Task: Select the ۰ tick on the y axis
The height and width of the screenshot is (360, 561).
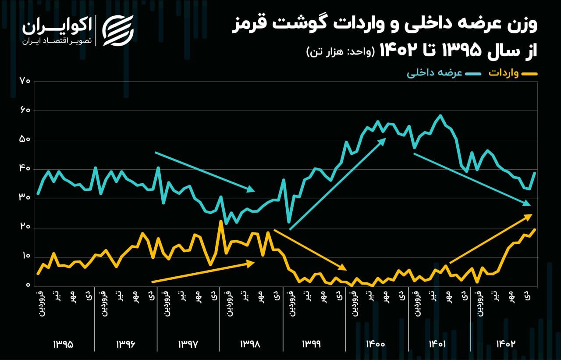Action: (27, 286)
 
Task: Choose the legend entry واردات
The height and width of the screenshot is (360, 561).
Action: (504, 73)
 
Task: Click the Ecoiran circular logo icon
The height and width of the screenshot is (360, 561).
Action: (117, 30)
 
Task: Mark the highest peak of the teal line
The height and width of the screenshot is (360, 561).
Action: (440, 116)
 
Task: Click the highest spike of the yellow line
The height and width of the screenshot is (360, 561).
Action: (221, 221)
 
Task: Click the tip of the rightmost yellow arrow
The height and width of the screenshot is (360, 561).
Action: (531, 215)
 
